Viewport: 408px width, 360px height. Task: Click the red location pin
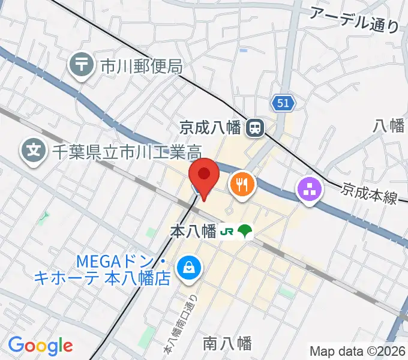[204, 176]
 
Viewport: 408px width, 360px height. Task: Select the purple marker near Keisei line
[310, 191]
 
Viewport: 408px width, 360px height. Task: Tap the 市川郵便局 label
[141, 65]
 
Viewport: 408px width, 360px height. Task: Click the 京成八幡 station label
[210, 127]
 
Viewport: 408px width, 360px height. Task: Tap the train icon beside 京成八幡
[256, 127]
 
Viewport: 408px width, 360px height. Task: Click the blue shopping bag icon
[190, 268]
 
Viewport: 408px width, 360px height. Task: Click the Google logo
[40, 346]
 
